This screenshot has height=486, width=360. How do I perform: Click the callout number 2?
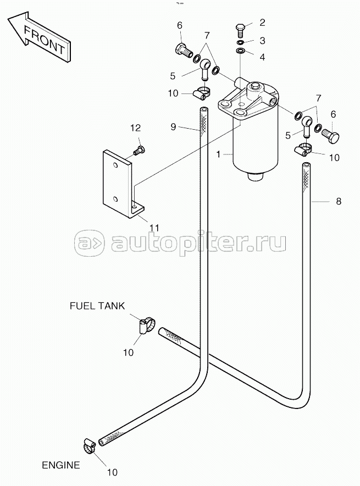262,23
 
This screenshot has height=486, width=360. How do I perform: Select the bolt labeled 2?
241,32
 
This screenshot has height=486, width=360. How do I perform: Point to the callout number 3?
262,41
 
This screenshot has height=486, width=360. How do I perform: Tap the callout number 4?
262,57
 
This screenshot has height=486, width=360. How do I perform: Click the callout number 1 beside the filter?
218,154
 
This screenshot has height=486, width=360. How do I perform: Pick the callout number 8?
339,201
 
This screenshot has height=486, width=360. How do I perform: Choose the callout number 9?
173,126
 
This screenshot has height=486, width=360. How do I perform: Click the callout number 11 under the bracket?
154,228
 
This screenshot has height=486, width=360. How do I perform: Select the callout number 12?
135,128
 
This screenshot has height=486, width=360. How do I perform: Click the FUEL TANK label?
97,306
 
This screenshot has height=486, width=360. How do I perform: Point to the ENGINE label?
61,465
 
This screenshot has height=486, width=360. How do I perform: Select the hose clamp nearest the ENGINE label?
90,445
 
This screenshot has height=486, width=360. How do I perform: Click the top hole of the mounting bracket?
115,165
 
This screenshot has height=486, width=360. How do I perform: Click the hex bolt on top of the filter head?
255,86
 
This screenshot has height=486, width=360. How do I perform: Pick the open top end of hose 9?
203,111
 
